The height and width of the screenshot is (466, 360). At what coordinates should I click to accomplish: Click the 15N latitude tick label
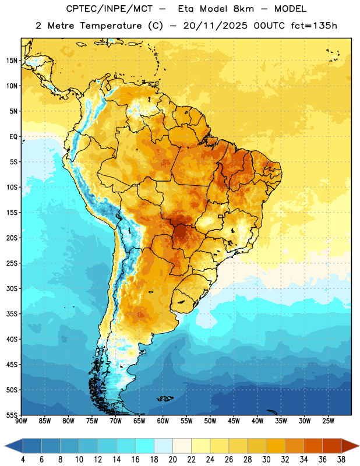click(x=12, y=61)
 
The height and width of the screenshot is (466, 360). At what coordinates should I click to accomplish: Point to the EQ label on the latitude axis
click(x=13, y=137)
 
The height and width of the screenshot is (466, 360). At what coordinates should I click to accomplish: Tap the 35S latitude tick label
click(x=12, y=314)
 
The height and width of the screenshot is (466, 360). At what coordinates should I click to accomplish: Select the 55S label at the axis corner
click(x=12, y=415)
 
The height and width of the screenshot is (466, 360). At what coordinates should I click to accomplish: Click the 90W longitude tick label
click(x=21, y=421)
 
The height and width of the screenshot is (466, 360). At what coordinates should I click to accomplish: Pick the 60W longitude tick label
click(x=163, y=421)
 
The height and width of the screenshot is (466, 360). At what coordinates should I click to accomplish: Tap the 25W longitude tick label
click(x=328, y=421)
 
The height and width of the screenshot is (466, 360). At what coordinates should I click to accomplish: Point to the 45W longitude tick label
click(x=234, y=421)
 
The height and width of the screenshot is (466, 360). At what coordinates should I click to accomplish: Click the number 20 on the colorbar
click(x=172, y=460)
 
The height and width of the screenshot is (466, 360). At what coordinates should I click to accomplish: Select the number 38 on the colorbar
click(x=341, y=460)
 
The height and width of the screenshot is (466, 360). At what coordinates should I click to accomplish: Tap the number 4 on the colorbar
click(x=23, y=460)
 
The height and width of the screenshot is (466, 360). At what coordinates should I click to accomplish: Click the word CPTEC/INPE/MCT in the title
click(x=110, y=9)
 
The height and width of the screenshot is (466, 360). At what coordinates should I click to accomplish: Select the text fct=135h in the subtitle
click(x=314, y=26)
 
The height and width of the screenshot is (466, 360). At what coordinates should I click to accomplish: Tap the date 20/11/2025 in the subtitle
click(x=215, y=26)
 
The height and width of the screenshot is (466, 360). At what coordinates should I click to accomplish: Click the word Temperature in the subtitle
click(x=111, y=26)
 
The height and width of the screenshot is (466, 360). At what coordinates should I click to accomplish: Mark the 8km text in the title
click(x=243, y=9)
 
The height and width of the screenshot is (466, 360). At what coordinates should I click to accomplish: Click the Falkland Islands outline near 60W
click(x=165, y=398)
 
